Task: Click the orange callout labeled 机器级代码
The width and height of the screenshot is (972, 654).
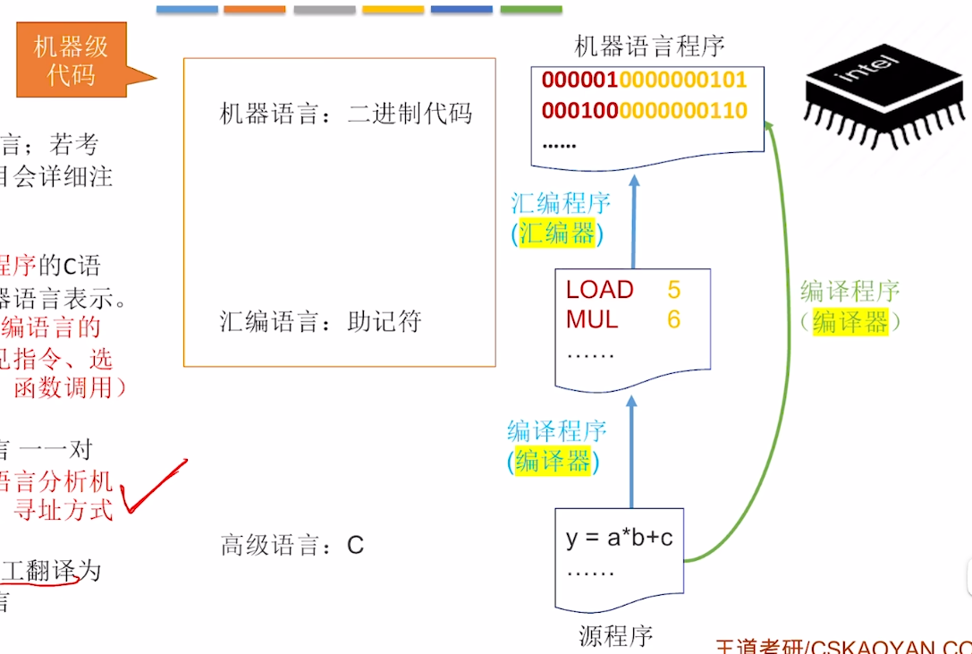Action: pos(72,60)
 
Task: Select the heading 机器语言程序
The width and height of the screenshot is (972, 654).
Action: pos(649,46)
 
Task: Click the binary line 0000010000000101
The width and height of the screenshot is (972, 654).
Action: pos(644,80)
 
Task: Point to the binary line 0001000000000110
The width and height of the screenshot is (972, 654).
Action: pos(644,111)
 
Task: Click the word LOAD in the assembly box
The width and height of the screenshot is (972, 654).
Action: pos(599,290)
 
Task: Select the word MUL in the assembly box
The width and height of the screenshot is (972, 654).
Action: pos(591,319)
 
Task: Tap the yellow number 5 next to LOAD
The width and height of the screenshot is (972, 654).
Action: pos(673,290)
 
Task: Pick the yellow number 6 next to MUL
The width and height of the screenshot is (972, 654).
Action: pos(673,319)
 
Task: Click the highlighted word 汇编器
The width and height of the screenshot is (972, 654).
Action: pos(557,234)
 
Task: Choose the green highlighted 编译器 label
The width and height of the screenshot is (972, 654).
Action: pos(850,322)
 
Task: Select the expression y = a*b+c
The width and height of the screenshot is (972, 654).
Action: pos(619,539)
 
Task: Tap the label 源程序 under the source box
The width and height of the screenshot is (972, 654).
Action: pos(615,636)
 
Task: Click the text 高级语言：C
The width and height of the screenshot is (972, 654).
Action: pos(292,546)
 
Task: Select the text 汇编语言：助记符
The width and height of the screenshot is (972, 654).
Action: pos(320,322)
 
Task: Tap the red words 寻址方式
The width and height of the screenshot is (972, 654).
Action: pos(63,511)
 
